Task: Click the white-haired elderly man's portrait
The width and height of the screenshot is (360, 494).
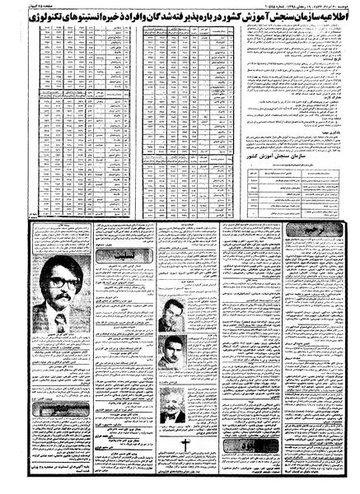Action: [x=172, y=408]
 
